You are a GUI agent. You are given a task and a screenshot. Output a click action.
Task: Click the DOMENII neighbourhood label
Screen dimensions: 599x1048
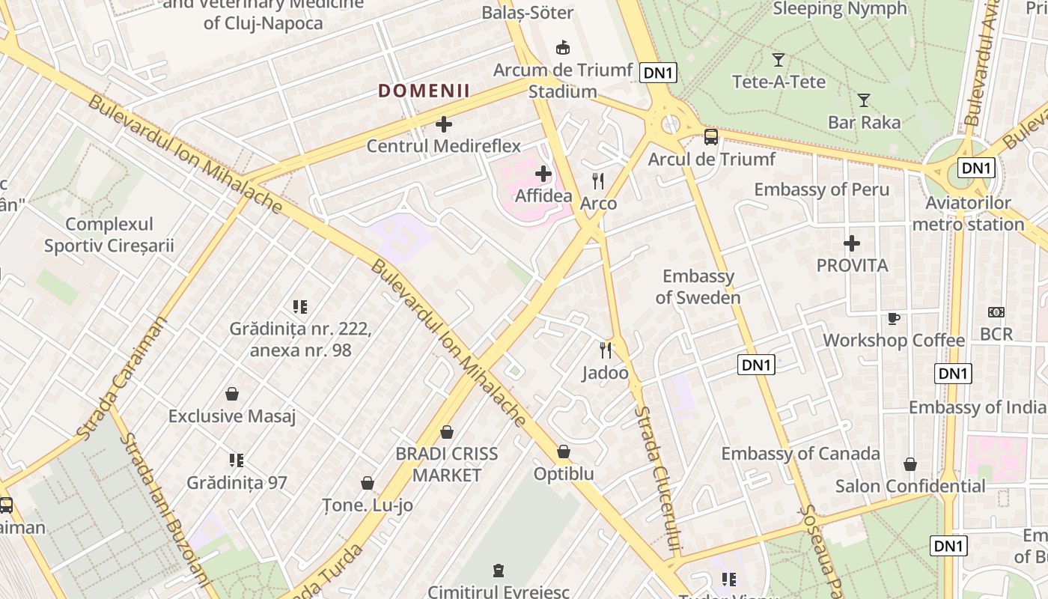click(424, 91)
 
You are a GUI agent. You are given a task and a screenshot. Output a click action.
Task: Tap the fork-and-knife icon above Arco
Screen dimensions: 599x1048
click(598, 180)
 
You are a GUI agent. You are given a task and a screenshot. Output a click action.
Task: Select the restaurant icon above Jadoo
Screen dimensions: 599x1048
click(606, 350)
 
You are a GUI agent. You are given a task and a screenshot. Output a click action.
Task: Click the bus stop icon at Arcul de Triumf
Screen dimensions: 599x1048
click(711, 137)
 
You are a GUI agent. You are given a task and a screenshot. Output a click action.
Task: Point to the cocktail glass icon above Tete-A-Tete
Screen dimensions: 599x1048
click(779, 59)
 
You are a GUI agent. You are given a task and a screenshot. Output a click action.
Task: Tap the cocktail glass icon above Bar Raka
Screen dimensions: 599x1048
click(864, 100)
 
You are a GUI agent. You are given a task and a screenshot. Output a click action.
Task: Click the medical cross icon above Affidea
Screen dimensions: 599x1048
click(543, 174)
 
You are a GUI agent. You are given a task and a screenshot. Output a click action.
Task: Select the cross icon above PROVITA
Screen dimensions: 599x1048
click(852, 243)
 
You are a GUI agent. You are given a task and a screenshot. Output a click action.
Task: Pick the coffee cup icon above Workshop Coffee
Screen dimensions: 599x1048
click(893, 318)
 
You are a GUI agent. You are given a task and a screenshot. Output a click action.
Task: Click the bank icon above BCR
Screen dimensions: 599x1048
click(996, 312)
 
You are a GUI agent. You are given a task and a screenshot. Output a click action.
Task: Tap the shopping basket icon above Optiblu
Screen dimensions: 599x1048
click(564, 451)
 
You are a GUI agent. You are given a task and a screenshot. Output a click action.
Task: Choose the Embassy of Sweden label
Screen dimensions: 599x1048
click(698, 287)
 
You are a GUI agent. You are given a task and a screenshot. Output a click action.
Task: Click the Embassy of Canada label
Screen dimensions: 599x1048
click(800, 453)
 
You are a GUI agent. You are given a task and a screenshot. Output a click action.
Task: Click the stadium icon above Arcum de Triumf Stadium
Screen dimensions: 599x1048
click(563, 48)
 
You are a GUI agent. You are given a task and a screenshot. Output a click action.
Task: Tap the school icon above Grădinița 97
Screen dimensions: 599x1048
click(237, 460)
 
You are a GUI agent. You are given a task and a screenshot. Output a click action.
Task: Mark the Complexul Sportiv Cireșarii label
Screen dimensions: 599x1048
click(109, 234)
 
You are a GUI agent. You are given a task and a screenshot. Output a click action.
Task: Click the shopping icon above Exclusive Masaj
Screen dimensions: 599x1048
click(232, 394)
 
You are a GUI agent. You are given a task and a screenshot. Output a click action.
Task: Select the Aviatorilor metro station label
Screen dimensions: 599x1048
click(968, 213)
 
